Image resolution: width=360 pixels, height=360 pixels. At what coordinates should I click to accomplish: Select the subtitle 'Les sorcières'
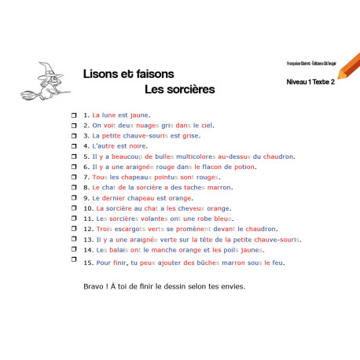coord(180,90)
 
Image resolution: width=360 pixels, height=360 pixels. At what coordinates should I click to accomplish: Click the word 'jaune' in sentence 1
coord(140,115)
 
